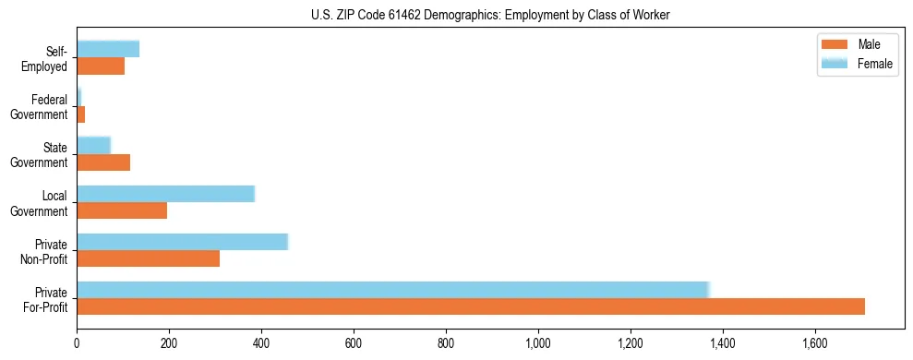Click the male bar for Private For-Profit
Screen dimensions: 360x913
tap(471, 306)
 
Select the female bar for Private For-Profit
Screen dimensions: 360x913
tap(392, 290)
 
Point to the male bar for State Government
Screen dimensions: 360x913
tap(103, 162)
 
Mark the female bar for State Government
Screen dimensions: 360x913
tap(93, 146)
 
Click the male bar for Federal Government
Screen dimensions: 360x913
tap(81, 114)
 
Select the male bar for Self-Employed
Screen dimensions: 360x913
tap(101, 66)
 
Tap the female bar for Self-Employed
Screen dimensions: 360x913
tap(108, 50)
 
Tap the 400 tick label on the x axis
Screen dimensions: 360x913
tap(261, 342)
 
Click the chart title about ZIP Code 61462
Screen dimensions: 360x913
tap(490, 15)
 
